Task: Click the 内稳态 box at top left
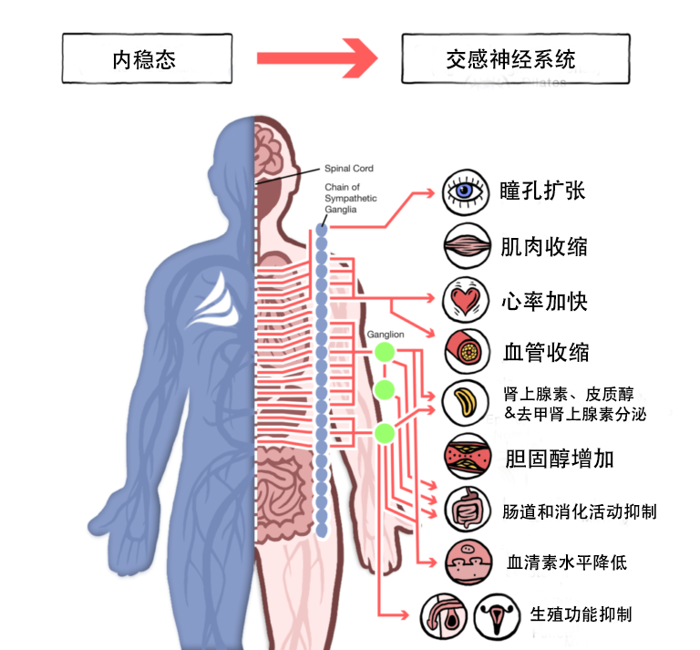[x=143, y=59]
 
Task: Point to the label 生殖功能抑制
[x=581, y=614]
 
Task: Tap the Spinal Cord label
[x=349, y=169]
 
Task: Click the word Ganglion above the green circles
[x=386, y=335]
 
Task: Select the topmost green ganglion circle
[x=385, y=352]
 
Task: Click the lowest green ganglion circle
[x=385, y=432]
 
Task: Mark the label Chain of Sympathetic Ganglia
[x=351, y=199]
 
